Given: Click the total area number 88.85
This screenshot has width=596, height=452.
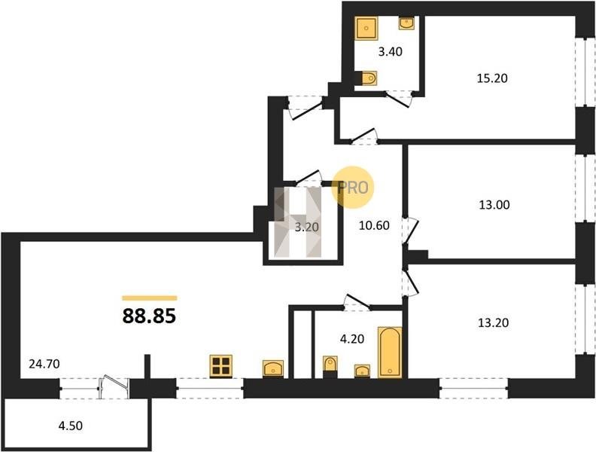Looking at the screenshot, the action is point(149,316).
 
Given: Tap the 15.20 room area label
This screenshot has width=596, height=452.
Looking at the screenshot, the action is point(492,78).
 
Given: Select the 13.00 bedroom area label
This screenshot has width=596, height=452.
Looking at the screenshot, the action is point(494,205).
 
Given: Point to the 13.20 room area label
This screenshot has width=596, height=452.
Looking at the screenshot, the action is point(493,323).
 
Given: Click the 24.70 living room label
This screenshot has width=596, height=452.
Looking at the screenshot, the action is point(44,364).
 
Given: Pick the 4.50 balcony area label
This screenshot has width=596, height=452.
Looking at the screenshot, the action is point(70,426).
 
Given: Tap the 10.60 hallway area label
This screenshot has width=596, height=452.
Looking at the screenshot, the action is point(375,225).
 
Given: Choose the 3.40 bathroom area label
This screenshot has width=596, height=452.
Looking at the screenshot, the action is point(391,52).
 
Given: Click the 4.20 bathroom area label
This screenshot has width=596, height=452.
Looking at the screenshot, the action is point(352,338).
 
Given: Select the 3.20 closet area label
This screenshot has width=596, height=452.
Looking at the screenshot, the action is point(307,228).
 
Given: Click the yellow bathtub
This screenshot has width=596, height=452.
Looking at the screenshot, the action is point(390,352).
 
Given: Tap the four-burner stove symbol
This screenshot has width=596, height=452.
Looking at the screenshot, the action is point(220,366).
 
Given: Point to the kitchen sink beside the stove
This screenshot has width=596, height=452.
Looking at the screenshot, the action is point(273,368).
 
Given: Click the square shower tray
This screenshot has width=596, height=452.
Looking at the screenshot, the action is point(366,28).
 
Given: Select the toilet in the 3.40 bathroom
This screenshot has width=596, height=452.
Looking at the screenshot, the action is point(369,78).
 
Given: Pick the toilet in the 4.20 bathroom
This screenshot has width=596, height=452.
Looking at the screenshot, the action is point(330,364).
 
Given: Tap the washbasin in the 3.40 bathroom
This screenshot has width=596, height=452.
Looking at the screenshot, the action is point(406,23).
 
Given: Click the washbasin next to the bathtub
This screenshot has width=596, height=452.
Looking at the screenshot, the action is point(362,371).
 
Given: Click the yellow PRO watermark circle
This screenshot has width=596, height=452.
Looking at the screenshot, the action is point(353,188).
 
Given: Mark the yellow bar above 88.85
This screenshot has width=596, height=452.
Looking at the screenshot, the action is point(150,298).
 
